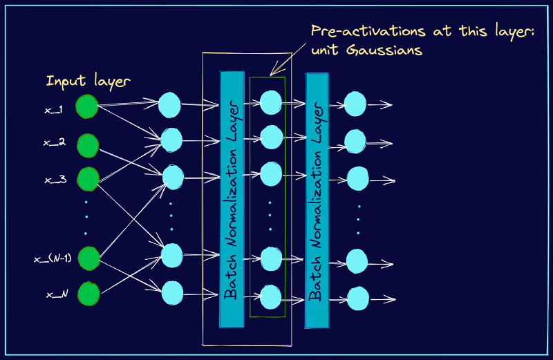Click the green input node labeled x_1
click(x=87, y=106)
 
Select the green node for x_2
click(x=88, y=146)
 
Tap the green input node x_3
click(x=88, y=178)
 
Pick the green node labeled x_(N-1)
click(x=88, y=258)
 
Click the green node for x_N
click(x=88, y=294)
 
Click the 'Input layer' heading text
click(x=88, y=81)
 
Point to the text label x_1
click(x=54, y=109)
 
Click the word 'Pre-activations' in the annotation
click(x=357, y=31)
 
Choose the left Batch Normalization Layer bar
click(x=232, y=199)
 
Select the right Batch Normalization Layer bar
click(x=317, y=199)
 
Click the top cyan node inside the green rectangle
click(x=270, y=103)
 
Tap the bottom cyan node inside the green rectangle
click(x=270, y=297)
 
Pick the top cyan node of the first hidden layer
click(x=169, y=106)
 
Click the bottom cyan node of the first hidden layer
click(x=171, y=292)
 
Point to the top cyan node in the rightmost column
click(x=355, y=104)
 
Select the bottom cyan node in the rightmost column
click(x=357, y=299)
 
